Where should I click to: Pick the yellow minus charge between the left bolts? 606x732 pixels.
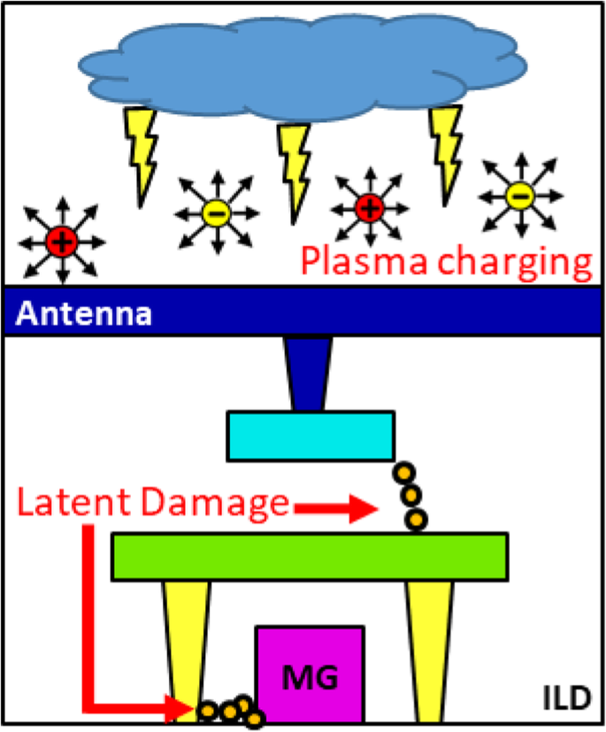coord(217,212)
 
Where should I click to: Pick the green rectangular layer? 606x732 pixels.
coord(310,556)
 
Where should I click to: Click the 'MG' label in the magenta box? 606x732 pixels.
coord(310,677)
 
